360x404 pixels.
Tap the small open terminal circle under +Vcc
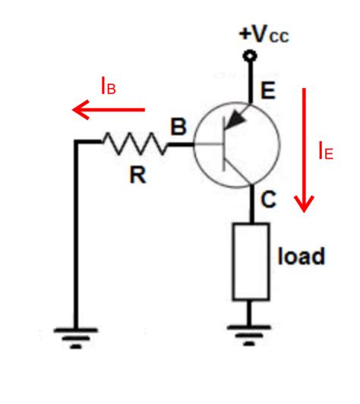[248, 55]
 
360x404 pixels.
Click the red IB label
[108, 87]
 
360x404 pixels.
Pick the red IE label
[324, 151]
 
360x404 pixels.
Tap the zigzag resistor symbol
[134, 142]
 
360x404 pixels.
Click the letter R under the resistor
[137, 176]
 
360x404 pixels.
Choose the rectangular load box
[250, 261]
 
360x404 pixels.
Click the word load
[301, 256]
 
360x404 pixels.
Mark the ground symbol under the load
[250, 331]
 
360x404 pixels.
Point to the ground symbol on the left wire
[76, 335]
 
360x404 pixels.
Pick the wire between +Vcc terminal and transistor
[248, 80]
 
